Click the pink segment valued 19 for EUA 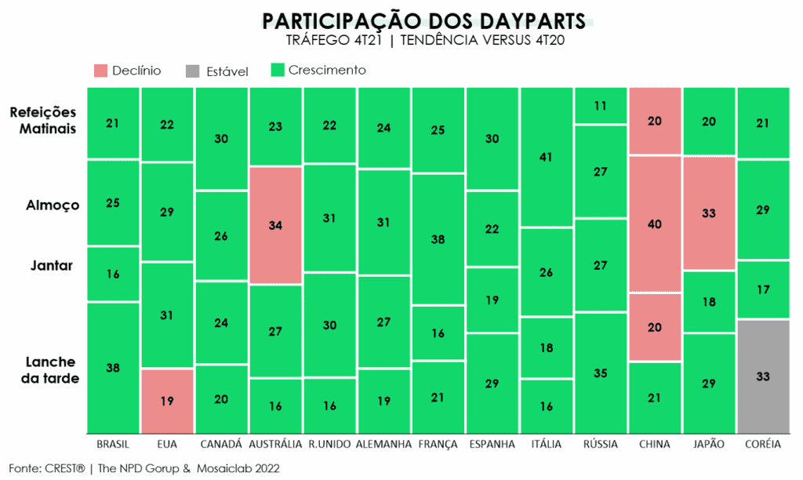tap(167, 400)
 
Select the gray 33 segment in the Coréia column tap(763, 376)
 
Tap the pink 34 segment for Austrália tap(275, 225)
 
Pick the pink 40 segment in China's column tap(655, 224)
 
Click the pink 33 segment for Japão tap(709, 213)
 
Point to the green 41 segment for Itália tap(547, 157)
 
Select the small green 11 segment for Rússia tap(601, 106)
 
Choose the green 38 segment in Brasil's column tap(113, 367)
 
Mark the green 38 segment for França tap(438, 239)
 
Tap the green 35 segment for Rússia tap(601, 373)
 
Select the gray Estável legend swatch tap(193, 71)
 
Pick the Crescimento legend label tap(327, 71)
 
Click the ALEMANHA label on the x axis tap(383, 445)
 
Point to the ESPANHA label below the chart tap(492, 445)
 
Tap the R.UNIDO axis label tap(329, 445)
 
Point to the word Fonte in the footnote tap(25, 468)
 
